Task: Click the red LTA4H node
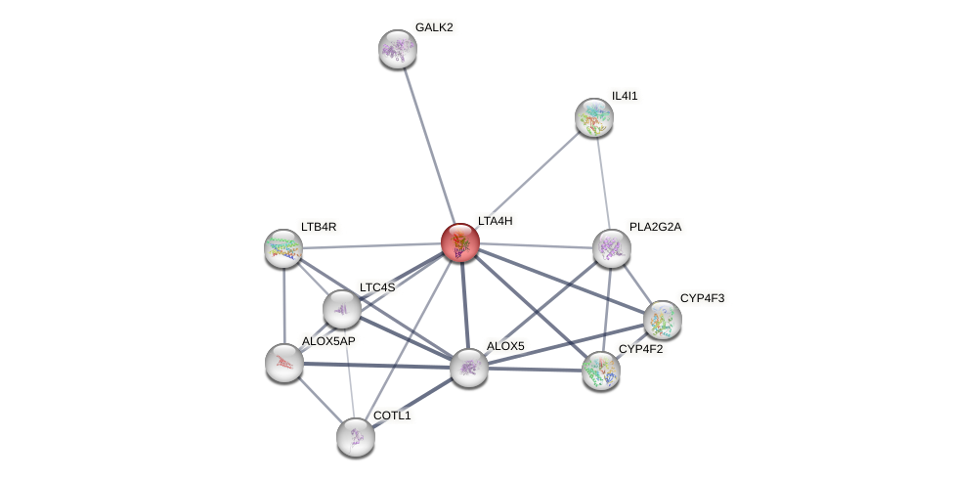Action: [459, 242]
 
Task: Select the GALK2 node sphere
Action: [398, 49]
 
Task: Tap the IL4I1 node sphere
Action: [593, 117]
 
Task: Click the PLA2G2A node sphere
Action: [611, 248]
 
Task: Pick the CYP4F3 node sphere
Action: [662, 320]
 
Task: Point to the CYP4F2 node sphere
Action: [600, 371]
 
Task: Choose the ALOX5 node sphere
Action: [468, 368]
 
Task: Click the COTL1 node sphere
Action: [355, 437]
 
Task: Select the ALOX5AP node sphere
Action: [283, 363]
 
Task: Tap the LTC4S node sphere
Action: [341, 309]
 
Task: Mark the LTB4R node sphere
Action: [283, 248]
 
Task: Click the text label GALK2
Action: [434, 27]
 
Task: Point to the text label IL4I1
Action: [627, 96]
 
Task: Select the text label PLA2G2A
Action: [655, 227]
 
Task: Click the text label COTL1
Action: [392, 415]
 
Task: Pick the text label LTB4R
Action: [319, 227]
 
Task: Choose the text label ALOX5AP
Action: [328, 341]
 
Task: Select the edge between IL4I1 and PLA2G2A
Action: [602, 182]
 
